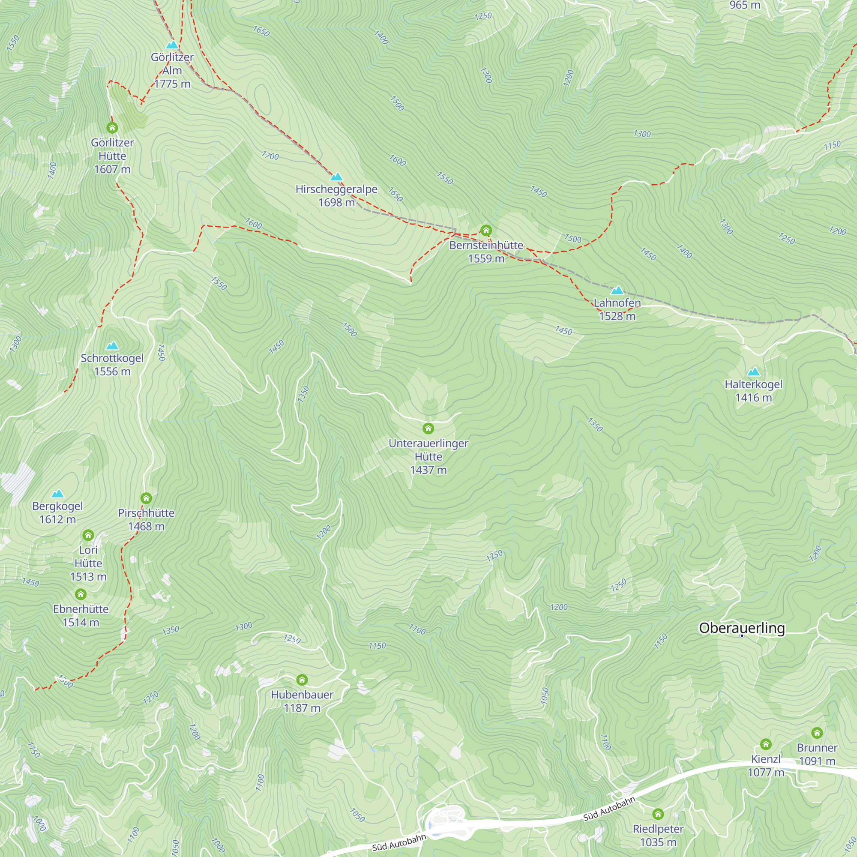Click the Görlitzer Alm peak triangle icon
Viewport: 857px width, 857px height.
coord(172,45)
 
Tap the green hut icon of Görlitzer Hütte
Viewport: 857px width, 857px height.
coord(112,128)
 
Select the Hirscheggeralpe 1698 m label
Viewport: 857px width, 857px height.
coord(336,196)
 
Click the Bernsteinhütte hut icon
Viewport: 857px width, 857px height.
coord(486,230)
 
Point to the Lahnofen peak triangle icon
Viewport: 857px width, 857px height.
coord(617,291)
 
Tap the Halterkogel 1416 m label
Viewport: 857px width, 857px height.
coord(753,391)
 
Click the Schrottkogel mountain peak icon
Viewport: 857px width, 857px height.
coord(112,345)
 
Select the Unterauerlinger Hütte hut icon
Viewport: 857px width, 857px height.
coord(428,428)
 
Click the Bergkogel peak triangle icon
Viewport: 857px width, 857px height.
coord(58,494)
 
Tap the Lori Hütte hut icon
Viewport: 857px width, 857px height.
coord(88,535)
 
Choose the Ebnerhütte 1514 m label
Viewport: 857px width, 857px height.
coord(81,615)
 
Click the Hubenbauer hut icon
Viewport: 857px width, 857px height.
coord(302,680)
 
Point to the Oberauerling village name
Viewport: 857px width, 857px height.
coord(742,628)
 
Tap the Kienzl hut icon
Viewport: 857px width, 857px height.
coord(766,744)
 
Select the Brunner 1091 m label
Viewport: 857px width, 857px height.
coord(817,754)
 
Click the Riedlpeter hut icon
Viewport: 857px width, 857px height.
coord(658,814)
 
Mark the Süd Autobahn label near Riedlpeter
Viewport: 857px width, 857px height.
coord(609,809)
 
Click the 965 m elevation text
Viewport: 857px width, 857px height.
coord(745,5)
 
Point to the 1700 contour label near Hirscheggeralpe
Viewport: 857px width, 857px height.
coord(270,156)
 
